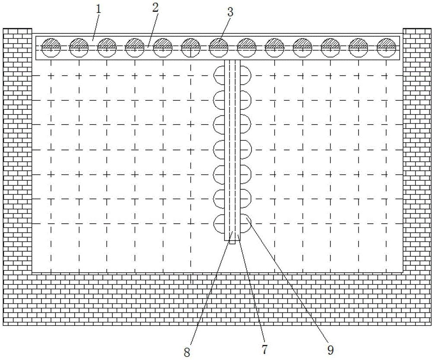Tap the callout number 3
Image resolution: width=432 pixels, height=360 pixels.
click(x=230, y=12)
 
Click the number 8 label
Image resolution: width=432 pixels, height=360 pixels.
click(x=187, y=352)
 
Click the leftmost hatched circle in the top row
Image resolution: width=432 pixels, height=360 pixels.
click(x=51, y=47)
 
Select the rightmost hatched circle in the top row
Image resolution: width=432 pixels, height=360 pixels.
click(x=386, y=47)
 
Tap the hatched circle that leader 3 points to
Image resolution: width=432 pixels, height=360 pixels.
click(x=219, y=47)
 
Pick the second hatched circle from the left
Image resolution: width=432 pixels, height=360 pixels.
click(x=79, y=47)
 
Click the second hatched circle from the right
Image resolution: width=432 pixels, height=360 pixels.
click(x=358, y=47)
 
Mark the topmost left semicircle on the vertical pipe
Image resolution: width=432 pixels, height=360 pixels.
click(x=219, y=75)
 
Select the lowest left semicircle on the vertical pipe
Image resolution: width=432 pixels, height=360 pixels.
click(x=219, y=223)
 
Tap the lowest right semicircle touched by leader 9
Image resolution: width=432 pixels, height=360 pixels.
click(x=245, y=223)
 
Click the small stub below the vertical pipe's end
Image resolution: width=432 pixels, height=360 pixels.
click(x=232, y=242)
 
